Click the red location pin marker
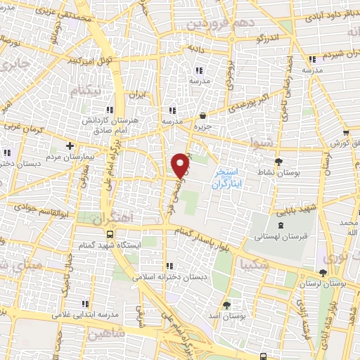coord(181,165)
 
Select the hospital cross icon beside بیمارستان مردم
coord(70,146)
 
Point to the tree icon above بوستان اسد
coord(226,305)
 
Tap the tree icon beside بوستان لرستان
coord(323,272)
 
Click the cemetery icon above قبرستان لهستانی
coord(282,224)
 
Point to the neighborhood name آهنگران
coord(112,218)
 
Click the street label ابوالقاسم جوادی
coord(31,210)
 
